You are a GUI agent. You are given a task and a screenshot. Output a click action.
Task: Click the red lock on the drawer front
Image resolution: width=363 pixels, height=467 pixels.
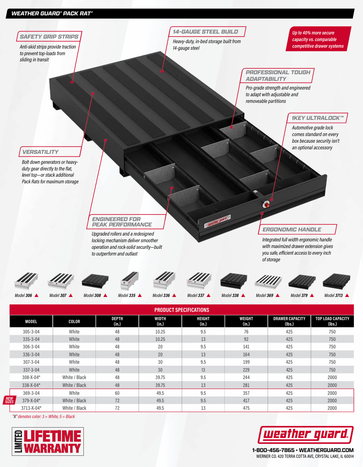(x=267, y=204)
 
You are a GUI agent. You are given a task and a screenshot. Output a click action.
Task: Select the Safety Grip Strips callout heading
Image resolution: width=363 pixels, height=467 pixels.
(x=49, y=36)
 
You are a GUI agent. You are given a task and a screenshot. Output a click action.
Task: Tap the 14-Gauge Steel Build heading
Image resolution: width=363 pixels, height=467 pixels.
(x=205, y=32)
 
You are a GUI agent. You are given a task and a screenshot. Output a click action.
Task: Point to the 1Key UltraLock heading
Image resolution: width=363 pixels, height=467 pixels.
(x=318, y=118)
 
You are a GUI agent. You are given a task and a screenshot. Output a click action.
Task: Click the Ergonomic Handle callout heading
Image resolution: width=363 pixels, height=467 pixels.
(x=292, y=229)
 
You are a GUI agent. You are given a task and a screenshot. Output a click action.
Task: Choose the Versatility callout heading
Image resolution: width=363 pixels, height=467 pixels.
(x=40, y=152)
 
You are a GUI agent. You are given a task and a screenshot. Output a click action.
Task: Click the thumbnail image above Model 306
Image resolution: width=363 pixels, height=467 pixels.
(x=27, y=281)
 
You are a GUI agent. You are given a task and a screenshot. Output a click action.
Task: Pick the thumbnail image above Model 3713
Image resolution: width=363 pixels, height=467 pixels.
(x=336, y=281)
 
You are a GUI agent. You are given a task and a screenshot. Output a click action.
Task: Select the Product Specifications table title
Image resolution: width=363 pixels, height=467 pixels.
(x=182, y=310)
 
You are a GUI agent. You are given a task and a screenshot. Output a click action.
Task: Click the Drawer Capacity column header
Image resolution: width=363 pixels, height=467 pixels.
(x=289, y=321)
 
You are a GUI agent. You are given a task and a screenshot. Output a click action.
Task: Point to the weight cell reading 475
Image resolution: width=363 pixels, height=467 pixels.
(x=246, y=408)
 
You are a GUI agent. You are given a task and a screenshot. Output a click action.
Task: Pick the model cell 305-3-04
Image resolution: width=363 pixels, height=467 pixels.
(x=31, y=332)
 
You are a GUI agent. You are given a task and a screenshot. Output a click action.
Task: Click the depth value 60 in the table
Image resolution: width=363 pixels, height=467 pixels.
(x=117, y=393)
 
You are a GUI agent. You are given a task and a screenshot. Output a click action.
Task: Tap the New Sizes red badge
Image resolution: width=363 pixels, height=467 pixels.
(x=9, y=400)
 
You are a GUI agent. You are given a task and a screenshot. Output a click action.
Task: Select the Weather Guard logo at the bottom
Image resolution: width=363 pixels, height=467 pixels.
(x=306, y=435)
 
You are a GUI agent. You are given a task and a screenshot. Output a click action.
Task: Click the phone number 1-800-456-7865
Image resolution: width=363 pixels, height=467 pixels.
(x=273, y=450)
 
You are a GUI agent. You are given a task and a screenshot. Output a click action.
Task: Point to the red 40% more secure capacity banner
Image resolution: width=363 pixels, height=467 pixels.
(x=318, y=39)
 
